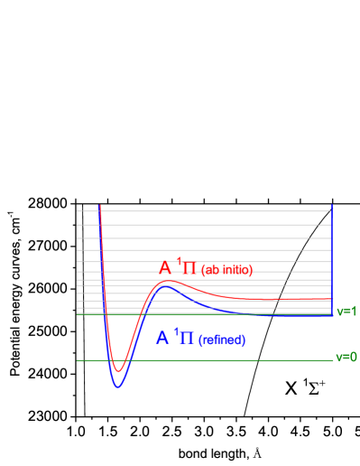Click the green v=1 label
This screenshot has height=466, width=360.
click(x=346, y=311)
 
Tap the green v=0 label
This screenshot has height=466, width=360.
click(x=346, y=357)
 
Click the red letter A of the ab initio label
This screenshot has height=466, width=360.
click(x=165, y=268)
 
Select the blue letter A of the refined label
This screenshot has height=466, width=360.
click(x=162, y=338)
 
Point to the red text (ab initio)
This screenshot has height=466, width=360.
click(x=226, y=270)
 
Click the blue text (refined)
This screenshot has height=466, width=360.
click(x=222, y=340)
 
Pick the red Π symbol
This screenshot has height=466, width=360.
click(x=189, y=269)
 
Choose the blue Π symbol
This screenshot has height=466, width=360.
click(x=186, y=339)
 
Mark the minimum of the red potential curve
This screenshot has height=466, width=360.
click(x=117, y=370)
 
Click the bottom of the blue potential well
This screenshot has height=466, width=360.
click(x=117, y=387)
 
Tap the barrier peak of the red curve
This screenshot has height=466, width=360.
click(x=168, y=282)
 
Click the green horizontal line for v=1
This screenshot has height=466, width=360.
click(x=180, y=314)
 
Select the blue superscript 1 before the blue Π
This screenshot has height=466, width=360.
click(x=176, y=331)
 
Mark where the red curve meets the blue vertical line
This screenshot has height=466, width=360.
click(x=332, y=299)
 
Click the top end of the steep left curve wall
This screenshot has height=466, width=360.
click(x=99, y=207)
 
